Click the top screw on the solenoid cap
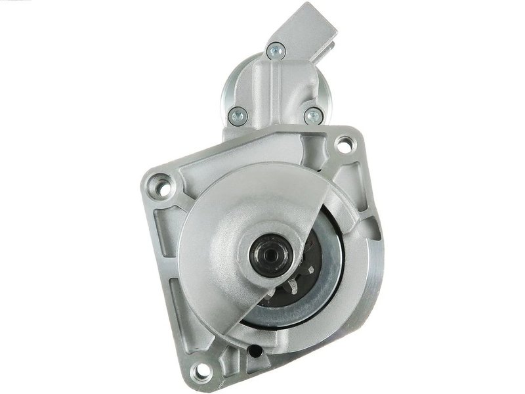click(x=276, y=48)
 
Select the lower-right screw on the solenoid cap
click(x=312, y=116)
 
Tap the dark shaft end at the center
click(x=268, y=250)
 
